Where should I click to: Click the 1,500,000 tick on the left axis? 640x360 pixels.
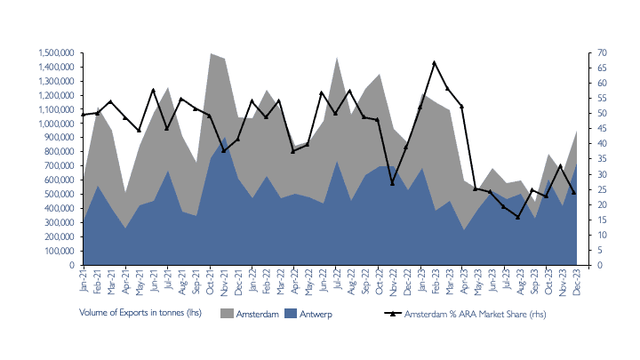tap(55, 53)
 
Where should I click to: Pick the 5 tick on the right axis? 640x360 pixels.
tap(600, 251)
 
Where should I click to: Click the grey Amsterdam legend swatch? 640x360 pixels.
tap(227, 314)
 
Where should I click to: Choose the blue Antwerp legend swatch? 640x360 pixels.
tap(291, 314)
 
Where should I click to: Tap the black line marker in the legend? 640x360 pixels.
tap(391, 314)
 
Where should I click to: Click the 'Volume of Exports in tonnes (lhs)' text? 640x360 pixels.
tap(140, 314)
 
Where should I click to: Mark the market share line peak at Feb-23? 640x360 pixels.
tap(434, 63)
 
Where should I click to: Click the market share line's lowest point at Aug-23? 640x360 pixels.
tap(518, 217)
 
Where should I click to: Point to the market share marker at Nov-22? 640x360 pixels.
tap(392, 183)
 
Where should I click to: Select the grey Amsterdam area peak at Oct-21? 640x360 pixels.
tap(211, 53)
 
